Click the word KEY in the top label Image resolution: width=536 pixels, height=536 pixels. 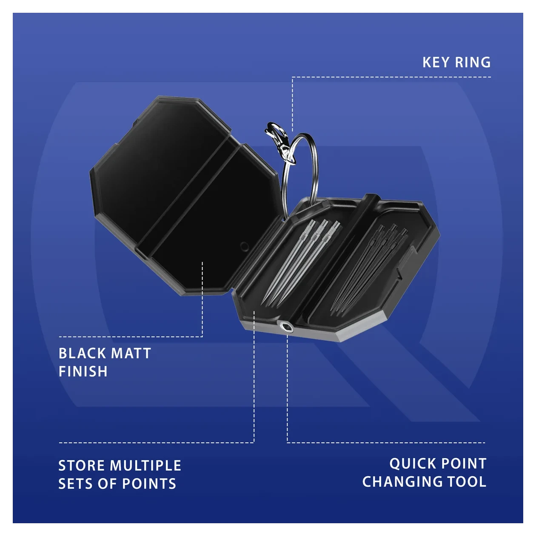436,63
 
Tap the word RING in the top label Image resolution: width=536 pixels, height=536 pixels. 473,63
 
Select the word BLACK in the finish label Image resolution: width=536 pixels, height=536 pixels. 82,353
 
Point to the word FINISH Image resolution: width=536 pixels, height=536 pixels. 83,371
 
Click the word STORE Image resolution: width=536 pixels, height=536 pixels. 82,465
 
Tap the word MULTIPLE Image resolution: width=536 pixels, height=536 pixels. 146,465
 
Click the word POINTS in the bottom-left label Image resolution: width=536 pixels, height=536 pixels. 149,484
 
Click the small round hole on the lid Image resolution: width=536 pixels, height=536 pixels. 244,246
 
